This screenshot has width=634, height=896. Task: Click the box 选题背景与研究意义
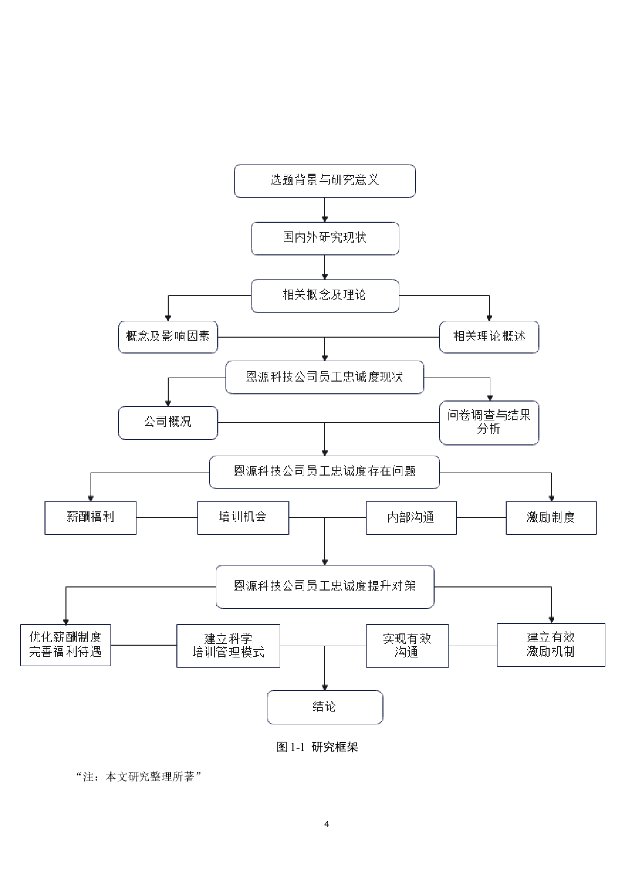pos(325,181)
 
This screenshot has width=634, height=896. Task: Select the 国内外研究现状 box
pos(325,238)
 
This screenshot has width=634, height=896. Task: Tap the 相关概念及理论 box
pos(325,295)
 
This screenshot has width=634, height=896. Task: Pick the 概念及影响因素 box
pos(168,337)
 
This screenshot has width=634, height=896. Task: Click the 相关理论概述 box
pos(489,337)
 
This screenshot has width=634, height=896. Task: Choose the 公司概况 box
pos(168,422)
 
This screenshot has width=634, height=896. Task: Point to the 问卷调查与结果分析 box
pos(489,422)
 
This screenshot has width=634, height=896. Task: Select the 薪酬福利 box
pos(90,517)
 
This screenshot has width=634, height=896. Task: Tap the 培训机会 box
pos(243,517)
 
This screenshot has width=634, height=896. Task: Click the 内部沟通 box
pos(411,517)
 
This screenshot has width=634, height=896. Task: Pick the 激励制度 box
pos(551,517)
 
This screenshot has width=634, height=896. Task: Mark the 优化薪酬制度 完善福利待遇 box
pos(65,645)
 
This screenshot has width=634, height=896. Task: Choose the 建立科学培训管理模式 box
pos(228,646)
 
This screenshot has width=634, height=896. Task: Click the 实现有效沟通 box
pos(407,646)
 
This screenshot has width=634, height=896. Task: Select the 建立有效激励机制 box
pos(551,645)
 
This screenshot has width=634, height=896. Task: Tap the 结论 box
pos(325,707)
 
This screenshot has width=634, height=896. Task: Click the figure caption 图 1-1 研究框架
pos(317,747)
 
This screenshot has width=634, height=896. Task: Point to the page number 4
pos(327,824)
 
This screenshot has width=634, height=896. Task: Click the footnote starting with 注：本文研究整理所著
pos(138,777)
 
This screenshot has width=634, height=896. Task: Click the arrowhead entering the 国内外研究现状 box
pos(325,219)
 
